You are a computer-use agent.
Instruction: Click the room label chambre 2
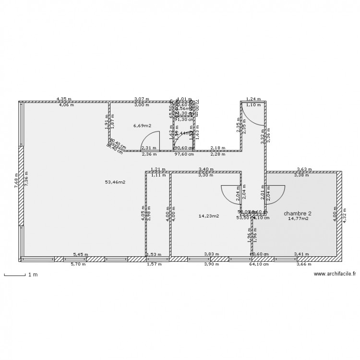pos(298,213)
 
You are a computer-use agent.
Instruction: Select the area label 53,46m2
pos(115,182)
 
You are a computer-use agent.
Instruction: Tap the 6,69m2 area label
pos(142,126)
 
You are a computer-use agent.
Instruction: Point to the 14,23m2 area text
pos(209,216)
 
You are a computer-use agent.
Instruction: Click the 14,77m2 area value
pos(298,219)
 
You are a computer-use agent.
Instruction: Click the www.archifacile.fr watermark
pos(335,274)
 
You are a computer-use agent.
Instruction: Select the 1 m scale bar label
pos(33,275)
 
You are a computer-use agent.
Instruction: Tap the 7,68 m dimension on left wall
pos(16,180)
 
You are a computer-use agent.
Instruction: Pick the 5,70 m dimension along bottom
pos(79,264)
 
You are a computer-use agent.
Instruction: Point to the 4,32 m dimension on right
pos(344,216)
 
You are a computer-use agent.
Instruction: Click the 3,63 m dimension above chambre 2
pos(304,169)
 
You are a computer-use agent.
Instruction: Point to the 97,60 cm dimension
pos(183,154)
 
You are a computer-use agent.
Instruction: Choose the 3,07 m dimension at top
pos(141,99)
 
